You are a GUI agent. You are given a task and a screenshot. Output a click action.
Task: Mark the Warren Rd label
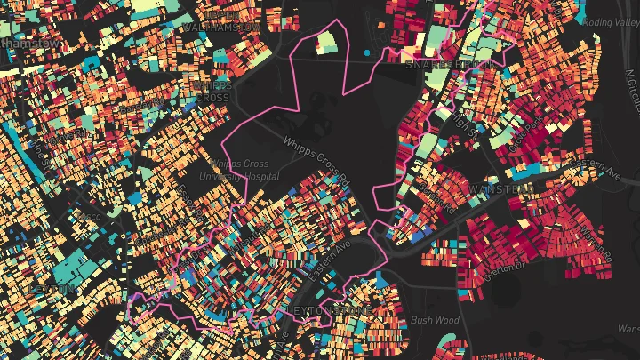click(596, 240)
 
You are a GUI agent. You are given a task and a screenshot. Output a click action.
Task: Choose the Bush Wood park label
click(435, 319)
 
